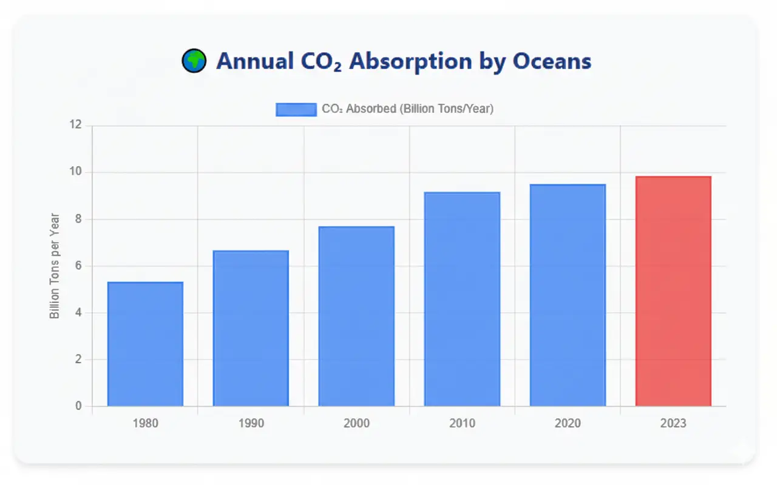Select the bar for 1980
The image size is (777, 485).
pyautogui.click(x=145, y=344)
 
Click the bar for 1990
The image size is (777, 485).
pyautogui.click(x=251, y=328)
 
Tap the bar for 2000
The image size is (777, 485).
pyautogui.click(x=356, y=316)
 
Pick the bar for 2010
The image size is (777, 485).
pyautogui.click(x=462, y=299)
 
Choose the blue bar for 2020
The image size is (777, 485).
pyautogui.click(x=568, y=295)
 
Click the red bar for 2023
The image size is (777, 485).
pyautogui.click(x=673, y=291)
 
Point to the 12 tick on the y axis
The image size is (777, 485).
pyautogui.click(x=75, y=125)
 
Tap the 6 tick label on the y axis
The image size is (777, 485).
pyautogui.click(x=78, y=266)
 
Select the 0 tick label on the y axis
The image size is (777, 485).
pyautogui.click(x=78, y=406)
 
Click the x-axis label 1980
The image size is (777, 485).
pyautogui.click(x=145, y=423)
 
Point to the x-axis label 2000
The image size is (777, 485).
pyautogui.click(x=356, y=423)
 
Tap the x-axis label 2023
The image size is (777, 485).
pyautogui.click(x=673, y=423)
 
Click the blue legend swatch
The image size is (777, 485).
pyautogui.click(x=296, y=109)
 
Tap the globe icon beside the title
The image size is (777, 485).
pyautogui.click(x=194, y=61)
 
